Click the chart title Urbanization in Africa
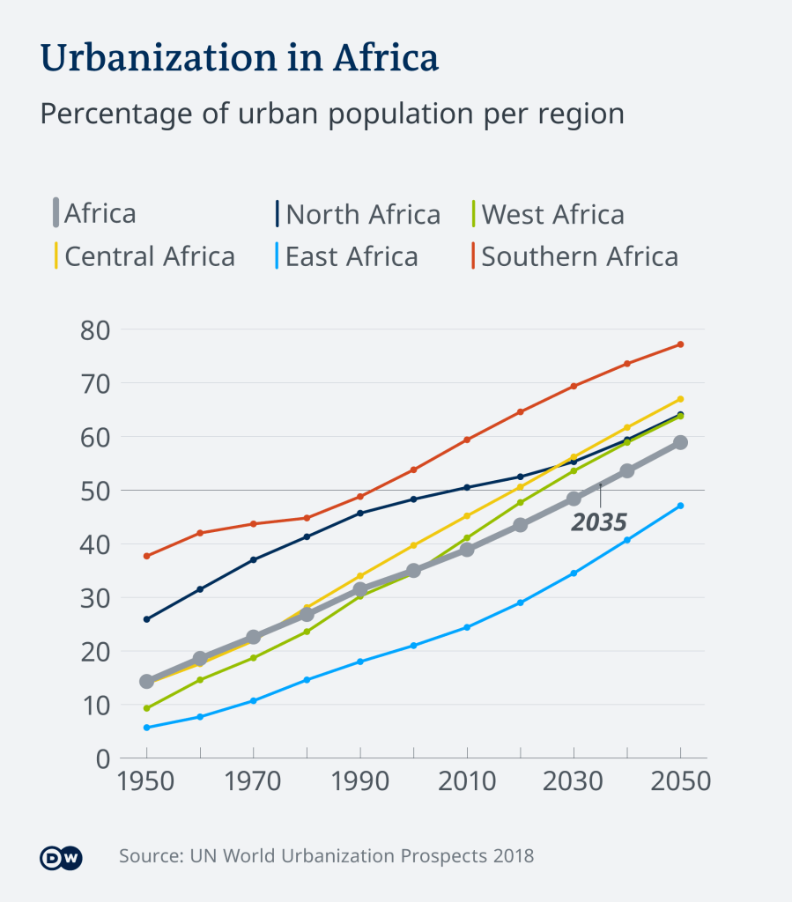(x=239, y=58)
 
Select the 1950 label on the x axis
(x=146, y=782)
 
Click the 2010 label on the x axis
(x=467, y=782)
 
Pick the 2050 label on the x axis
(x=679, y=782)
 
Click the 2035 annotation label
(x=599, y=522)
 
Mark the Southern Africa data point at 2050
(x=680, y=344)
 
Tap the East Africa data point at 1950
(x=146, y=728)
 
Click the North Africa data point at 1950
(x=146, y=619)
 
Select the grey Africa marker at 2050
(x=680, y=442)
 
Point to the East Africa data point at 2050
(x=680, y=506)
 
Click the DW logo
(x=61, y=856)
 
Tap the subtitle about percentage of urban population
(x=332, y=115)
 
